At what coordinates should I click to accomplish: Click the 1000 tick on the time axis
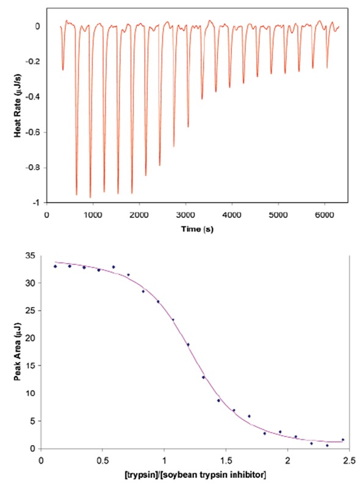[x=93, y=215]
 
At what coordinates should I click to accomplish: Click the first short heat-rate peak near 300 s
[x=63, y=70]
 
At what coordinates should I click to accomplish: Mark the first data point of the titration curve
[x=56, y=266]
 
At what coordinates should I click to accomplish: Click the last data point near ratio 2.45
[x=342, y=439]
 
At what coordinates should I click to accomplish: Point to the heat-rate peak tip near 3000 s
[x=188, y=127]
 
